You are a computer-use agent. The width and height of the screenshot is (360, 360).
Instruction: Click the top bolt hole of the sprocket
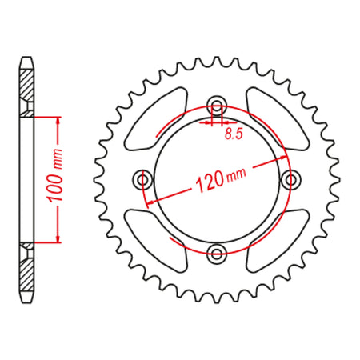(x=217, y=104)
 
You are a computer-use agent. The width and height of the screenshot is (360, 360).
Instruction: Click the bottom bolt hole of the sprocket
(x=216, y=254)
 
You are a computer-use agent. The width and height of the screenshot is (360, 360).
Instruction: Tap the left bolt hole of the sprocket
(x=142, y=179)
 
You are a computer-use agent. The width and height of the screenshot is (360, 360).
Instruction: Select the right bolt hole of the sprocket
(x=291, y=178)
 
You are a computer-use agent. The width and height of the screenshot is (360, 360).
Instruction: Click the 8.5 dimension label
(x=234, y=134)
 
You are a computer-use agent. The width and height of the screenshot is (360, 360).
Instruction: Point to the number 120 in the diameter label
(x=210, y=182)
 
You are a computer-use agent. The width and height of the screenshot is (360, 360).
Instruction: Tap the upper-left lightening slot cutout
(x=156, y=118)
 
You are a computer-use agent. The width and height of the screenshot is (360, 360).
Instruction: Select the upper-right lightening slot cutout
(x=278, y=118)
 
